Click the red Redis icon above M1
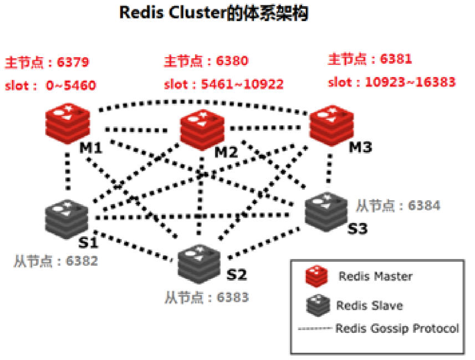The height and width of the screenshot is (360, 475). click(x=67, y=126)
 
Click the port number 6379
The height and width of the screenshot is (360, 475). click(x=73, y=62)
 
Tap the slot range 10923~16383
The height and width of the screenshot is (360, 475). click(x=410, y=83)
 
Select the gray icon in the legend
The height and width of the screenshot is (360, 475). click(x=316, y=305)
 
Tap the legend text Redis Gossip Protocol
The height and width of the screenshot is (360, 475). click(x=397, y=328)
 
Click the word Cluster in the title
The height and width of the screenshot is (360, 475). click(x=196, y=14)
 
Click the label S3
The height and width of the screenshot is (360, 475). click(x=357, y=227)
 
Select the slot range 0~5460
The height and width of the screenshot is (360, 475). click(x=72, y=86)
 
